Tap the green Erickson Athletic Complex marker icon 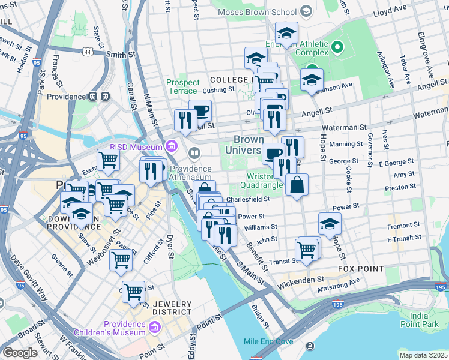click(x=337, y=46)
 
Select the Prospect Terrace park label click(x=182, y=86)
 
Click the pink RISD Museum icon click(x=172, y=146)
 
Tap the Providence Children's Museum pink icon click(x=155, y=327)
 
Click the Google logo click(x=20, y=353)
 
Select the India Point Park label click(x=427, y=320)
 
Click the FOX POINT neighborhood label click(x=361, y=269)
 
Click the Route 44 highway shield click(x=88, y=53)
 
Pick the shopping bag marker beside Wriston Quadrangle click(x=297, y=185)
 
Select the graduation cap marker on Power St click(x=330, y=224)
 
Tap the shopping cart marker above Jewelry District click(x=133, y=292)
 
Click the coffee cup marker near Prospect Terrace click(x=200, y=110)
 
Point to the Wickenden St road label click(x=303, y=279)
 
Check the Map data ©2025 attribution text click(x=423, y=355)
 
